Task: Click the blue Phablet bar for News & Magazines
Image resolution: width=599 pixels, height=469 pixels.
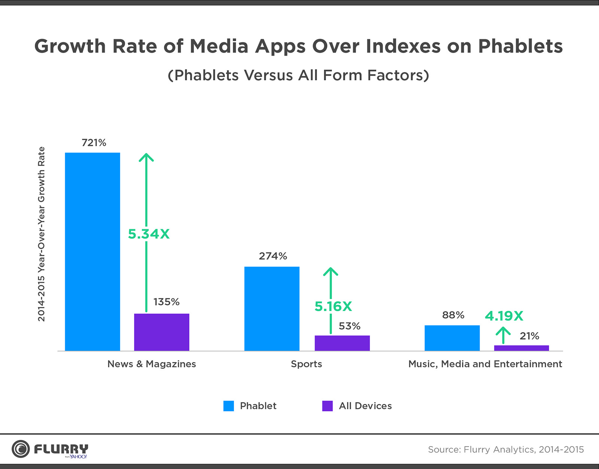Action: point(92,251)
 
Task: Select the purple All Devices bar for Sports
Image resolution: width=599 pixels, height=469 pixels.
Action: point(342,343)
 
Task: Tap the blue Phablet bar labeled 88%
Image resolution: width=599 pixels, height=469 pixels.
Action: point(452,338)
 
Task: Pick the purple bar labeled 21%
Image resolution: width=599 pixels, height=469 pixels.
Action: point(521,348)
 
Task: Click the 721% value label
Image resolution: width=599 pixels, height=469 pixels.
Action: point(94,142)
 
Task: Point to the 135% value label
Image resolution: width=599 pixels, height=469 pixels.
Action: point(166,302)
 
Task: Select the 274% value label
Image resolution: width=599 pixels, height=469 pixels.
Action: point(273,256)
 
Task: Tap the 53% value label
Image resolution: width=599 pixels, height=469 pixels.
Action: point(349,326)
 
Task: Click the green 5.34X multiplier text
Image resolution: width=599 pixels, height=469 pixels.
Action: point(149,234)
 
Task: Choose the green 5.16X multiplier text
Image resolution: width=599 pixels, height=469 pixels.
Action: point(333,306)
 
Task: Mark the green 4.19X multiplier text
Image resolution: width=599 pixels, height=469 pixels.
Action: point(504,316)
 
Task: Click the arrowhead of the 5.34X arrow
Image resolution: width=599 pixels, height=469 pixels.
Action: point(146,157)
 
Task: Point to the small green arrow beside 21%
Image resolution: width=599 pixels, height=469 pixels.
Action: point(504,335)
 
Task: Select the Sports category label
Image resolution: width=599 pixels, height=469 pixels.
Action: point(306,364)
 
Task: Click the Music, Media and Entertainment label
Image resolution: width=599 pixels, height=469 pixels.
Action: point(485,364)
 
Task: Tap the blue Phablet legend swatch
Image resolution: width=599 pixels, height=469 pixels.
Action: point(228,406)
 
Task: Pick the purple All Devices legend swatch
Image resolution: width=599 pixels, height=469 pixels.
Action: point(327,406)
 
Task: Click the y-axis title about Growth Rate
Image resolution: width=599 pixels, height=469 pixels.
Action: point(41,234)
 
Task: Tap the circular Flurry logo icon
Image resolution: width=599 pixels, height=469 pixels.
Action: point(21,449)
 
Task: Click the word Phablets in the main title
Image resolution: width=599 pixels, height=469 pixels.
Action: point(520,46)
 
